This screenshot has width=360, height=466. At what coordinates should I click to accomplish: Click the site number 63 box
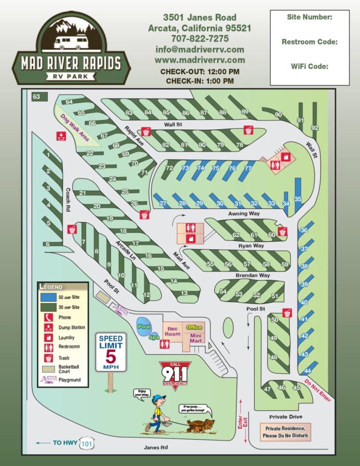[36, 96]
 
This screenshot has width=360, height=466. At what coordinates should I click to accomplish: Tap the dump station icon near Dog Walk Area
[61, 136]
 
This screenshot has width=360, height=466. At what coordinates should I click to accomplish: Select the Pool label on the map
[144, 326]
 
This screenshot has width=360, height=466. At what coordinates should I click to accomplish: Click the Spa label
[154, 338]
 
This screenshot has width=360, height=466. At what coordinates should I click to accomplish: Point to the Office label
[194, 328]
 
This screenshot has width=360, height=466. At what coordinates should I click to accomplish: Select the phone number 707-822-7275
[199, 39]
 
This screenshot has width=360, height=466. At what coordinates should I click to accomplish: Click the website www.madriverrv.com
[199, 60]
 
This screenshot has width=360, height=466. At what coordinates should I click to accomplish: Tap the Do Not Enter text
[317, 390]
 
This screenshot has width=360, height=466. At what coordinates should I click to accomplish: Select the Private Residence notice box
[286, 432]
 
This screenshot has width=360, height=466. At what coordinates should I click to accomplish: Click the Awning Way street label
[244, 213]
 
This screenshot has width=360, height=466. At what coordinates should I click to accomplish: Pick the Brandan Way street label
[253, 275]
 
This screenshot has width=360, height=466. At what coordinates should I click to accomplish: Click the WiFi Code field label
[309, 66]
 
